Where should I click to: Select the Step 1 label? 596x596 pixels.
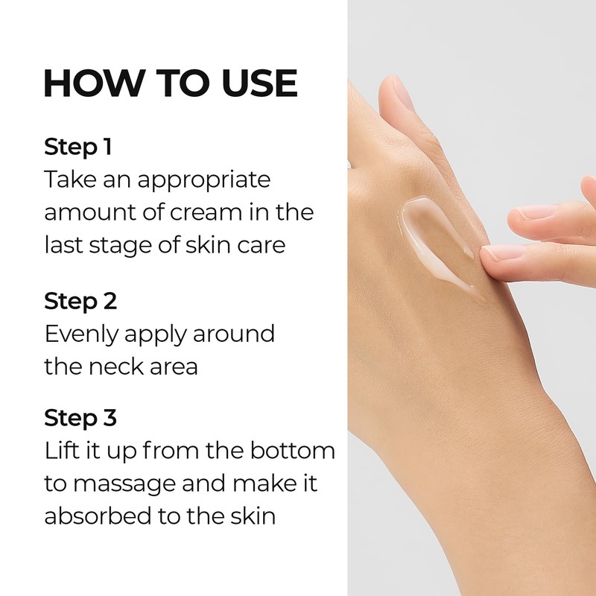(77, 147)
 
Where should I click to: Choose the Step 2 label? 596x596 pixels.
(80, 302)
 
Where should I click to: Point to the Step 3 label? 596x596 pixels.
(80, 418)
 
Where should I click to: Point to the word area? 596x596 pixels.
(176, 367)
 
